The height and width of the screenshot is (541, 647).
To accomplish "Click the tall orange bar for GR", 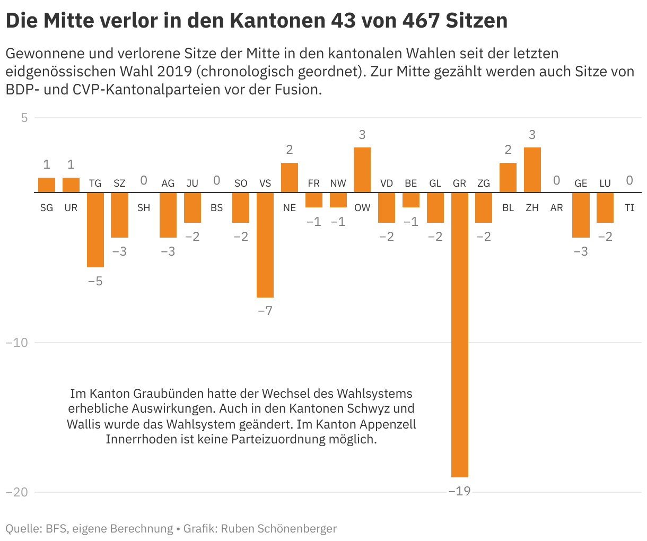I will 459,334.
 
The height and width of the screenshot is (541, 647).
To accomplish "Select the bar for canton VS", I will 265,245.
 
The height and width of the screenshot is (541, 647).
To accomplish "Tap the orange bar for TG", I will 95,230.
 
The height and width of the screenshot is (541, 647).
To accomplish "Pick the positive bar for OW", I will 362,170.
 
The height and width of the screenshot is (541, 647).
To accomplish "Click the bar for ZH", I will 532,170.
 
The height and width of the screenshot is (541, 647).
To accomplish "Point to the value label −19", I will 459,491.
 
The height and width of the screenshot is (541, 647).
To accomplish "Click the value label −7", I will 265,311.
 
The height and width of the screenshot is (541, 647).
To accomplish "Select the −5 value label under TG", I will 95,281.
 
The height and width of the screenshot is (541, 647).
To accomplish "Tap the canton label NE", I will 290,208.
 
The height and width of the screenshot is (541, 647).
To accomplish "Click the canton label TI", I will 629,208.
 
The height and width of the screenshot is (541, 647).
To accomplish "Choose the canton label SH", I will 144,208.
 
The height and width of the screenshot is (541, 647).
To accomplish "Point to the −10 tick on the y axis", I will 16,343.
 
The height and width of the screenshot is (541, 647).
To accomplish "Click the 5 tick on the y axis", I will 24,118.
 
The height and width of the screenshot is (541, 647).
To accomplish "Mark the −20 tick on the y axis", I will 16,492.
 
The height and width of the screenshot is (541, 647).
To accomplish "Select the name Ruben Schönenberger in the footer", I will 279,528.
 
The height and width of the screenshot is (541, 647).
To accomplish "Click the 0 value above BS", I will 216,180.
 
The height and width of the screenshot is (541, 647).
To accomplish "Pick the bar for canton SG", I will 47,185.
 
